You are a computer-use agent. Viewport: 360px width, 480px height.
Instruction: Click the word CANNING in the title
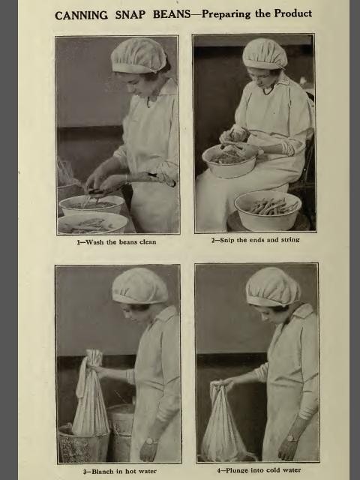(x=82, y=15)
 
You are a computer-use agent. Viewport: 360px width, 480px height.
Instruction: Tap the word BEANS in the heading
(x=172, y=14)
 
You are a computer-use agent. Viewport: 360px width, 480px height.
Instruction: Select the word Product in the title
(x=293, y=13)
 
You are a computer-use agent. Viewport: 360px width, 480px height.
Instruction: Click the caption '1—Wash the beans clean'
(x=116, y=242)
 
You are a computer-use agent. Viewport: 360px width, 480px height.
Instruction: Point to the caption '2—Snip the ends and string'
(x=255, y=240)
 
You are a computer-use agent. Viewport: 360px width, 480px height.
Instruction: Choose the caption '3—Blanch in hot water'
(x=120, y=471)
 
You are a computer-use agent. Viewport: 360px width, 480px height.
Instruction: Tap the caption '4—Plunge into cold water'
(x=259, y=470)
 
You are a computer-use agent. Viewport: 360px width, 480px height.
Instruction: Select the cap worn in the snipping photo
(x=265, y=53)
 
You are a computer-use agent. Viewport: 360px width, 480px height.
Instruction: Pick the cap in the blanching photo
(x=140, y=286)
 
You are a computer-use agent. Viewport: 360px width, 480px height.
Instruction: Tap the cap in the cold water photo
(x=272, y=286)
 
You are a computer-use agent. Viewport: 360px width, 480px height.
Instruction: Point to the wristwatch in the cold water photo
(x=292, y=438)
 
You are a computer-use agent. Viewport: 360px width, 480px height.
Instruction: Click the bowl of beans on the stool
(x=268, y=210)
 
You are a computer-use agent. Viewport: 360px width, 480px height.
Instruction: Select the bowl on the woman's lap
(x=230, y=160)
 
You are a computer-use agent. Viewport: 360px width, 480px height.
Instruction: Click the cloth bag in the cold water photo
(x=225, y=422)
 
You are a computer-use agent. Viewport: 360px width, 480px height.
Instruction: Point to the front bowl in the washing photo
(x=91, y=223)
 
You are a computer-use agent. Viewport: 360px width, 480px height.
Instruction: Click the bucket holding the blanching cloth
(x=83, y=443)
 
